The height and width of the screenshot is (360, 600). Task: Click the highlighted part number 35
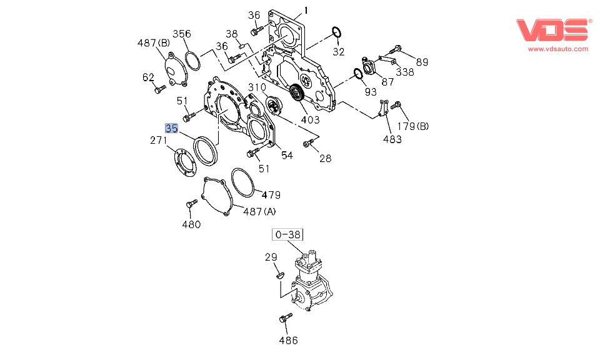click(171, 128)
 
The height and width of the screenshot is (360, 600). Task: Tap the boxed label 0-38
click(287, 234)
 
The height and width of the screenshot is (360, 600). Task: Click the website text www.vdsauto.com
click(557, 49)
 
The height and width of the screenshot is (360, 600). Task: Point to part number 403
click(309, 120)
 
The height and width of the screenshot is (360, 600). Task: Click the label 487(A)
click(259, 211)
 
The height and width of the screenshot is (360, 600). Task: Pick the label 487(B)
click(153, 43)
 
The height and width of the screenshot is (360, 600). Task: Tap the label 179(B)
click(414, 127)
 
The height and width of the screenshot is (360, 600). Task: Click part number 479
click(271, 194)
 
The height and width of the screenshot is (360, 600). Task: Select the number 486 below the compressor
click(288, 341)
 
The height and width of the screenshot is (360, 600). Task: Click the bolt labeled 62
click(159, 89)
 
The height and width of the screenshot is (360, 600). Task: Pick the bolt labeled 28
click(307, 144)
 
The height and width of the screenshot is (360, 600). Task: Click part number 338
click(404, 72)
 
